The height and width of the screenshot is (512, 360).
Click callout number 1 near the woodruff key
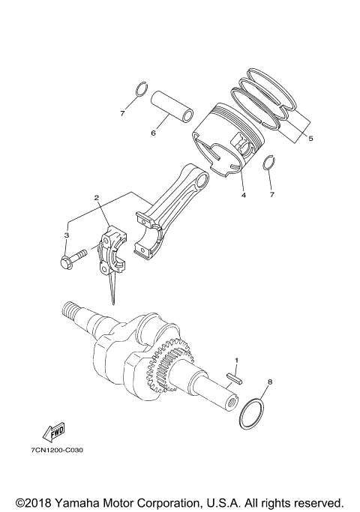(x=236, y=361)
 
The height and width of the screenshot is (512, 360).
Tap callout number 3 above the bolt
(x=67, y=235)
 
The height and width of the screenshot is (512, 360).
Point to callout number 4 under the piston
(x=242, y=196)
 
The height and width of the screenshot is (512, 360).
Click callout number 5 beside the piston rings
(x=310, y=138)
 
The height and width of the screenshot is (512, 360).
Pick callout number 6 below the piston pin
(x=153, y=133)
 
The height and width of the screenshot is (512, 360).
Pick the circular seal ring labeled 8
(x=253, y=413)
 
